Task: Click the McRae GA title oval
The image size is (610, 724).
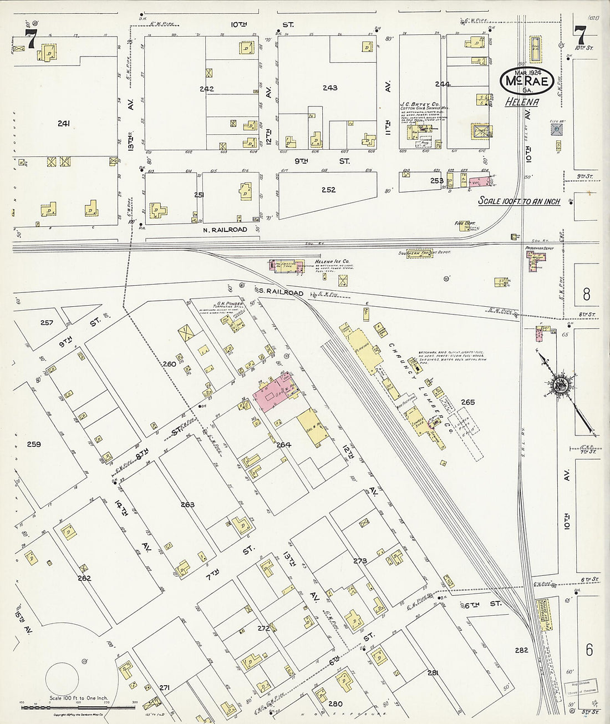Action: [x=526, y=82]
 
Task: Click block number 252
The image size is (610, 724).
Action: [x=328, y=190]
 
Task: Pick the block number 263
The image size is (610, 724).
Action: [x=188, y=504]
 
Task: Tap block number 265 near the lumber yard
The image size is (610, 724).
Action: [x=468, y=402]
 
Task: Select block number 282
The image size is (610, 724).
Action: [x=521, y=650]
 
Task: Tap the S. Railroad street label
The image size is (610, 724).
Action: [x=281, y=292]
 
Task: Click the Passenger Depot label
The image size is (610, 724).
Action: [x=540, y=249]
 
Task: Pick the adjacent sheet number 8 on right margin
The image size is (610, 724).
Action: [x=586, y=294]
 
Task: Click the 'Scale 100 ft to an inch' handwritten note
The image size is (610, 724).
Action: [x=519, y=201]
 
